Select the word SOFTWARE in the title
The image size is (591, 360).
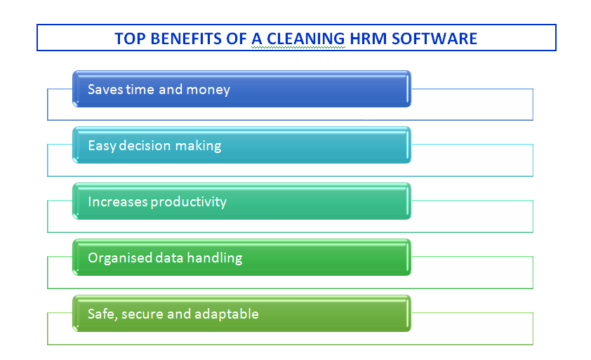434,39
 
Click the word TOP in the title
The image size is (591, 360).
130,39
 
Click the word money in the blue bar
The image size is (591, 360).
208,90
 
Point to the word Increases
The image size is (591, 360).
118,201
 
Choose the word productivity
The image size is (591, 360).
189,202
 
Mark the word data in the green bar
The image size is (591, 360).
169,258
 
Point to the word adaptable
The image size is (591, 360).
227,314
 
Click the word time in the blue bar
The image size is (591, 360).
140,90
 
